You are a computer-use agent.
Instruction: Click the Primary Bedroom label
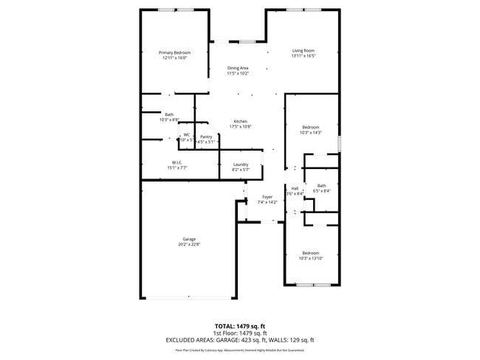click(175, 52)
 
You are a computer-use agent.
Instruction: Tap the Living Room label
click(303, 50)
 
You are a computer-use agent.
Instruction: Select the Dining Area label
click(238, 68)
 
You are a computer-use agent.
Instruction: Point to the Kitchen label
click(241, 122)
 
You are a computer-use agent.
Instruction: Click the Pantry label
click(206, 136)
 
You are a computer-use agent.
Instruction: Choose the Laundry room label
click(241, 165)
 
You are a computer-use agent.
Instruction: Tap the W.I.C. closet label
click(177, 162)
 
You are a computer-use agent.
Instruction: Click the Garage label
click(190, 239)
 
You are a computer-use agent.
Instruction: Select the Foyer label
click(267, 197)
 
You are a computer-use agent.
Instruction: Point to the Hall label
click(295, 189)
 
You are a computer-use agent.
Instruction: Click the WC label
click(187, 134)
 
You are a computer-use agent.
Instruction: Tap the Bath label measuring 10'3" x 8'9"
click(169, 114)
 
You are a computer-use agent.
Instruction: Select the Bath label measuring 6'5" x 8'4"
click(321, 186)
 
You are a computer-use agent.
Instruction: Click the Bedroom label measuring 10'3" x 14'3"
click(310, 128)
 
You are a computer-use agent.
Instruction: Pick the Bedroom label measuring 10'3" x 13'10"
click(310, 252)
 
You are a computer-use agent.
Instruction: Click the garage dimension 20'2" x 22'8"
click(190, 244)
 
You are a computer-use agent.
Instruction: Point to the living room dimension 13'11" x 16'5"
click(303, 56)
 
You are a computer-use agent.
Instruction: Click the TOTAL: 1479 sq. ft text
click(239, 325)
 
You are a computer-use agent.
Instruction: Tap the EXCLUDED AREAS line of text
click(239, 339)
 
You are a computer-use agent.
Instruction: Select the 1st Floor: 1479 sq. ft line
click(239, 333)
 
